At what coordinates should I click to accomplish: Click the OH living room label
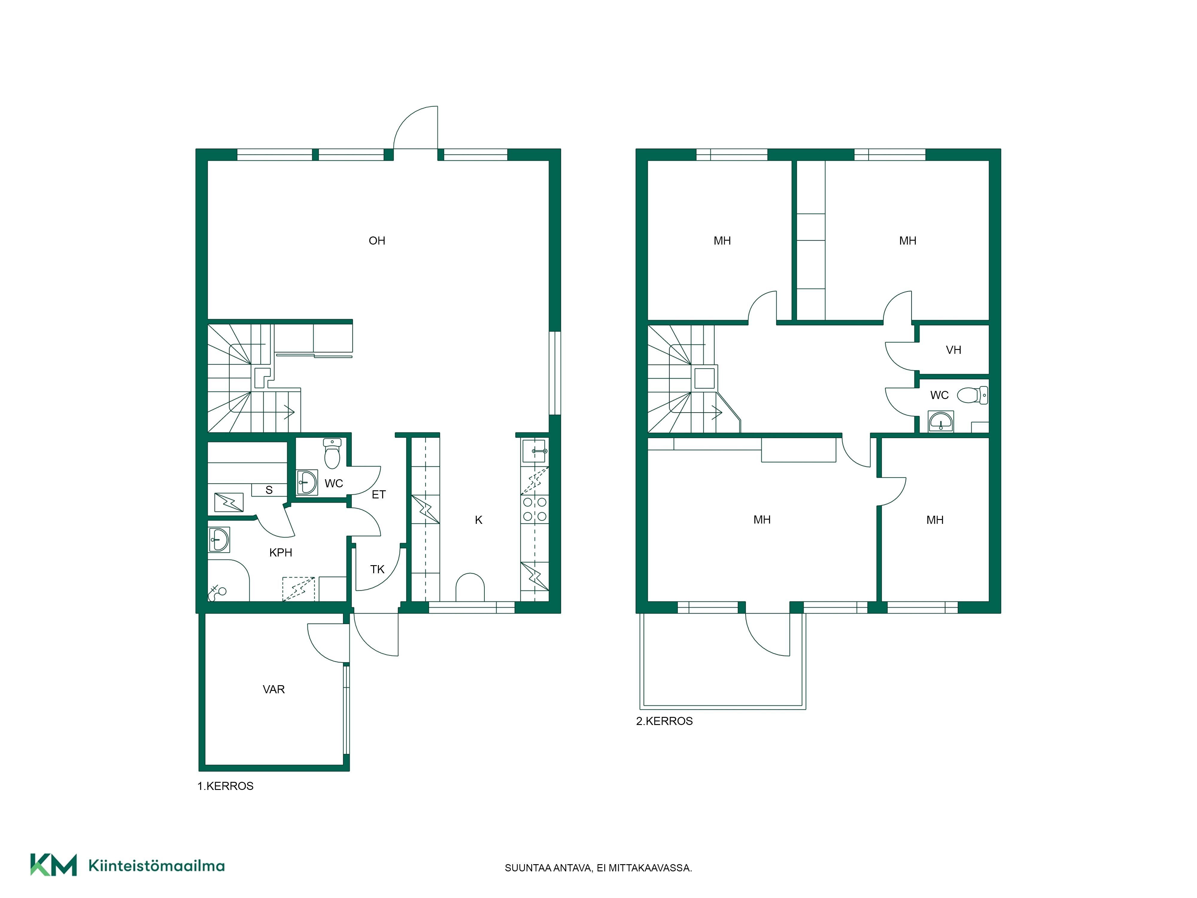point(377,241)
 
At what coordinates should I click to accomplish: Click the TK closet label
point(377,569)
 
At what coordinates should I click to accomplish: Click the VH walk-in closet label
point(953,350)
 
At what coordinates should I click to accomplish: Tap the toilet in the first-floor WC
point(332,453)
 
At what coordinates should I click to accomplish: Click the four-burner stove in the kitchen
point(535,509)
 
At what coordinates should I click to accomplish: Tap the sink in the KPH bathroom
point(219,540)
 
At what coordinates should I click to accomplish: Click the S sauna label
point(269,490)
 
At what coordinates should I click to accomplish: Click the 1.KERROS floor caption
point(225,786)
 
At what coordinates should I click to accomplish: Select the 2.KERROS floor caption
point(665,721)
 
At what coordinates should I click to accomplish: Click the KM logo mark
point(54,864)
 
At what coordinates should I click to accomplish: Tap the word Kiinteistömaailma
point(157,866)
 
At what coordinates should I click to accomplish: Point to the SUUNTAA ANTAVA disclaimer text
point(598,868)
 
